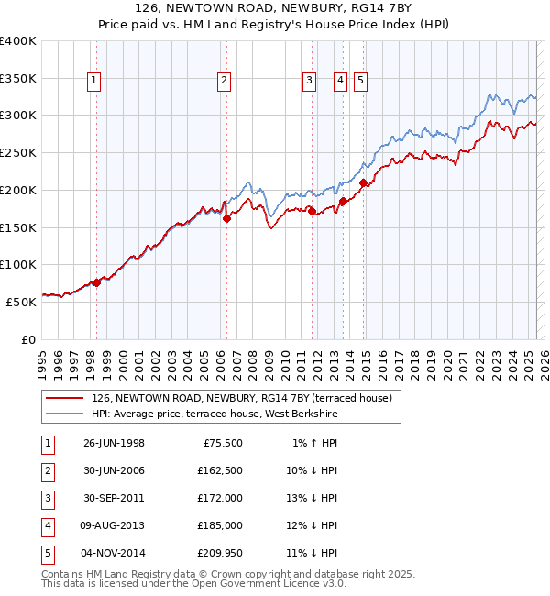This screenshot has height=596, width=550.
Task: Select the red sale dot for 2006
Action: (226, 218)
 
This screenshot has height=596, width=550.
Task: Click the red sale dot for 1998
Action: (96, 282)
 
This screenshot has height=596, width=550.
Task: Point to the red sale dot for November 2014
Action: (363, 182)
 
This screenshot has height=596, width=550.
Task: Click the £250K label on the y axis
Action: (18, 152)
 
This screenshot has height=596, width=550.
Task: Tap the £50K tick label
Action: (21, 301)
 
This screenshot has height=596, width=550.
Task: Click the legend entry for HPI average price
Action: (214, 414)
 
